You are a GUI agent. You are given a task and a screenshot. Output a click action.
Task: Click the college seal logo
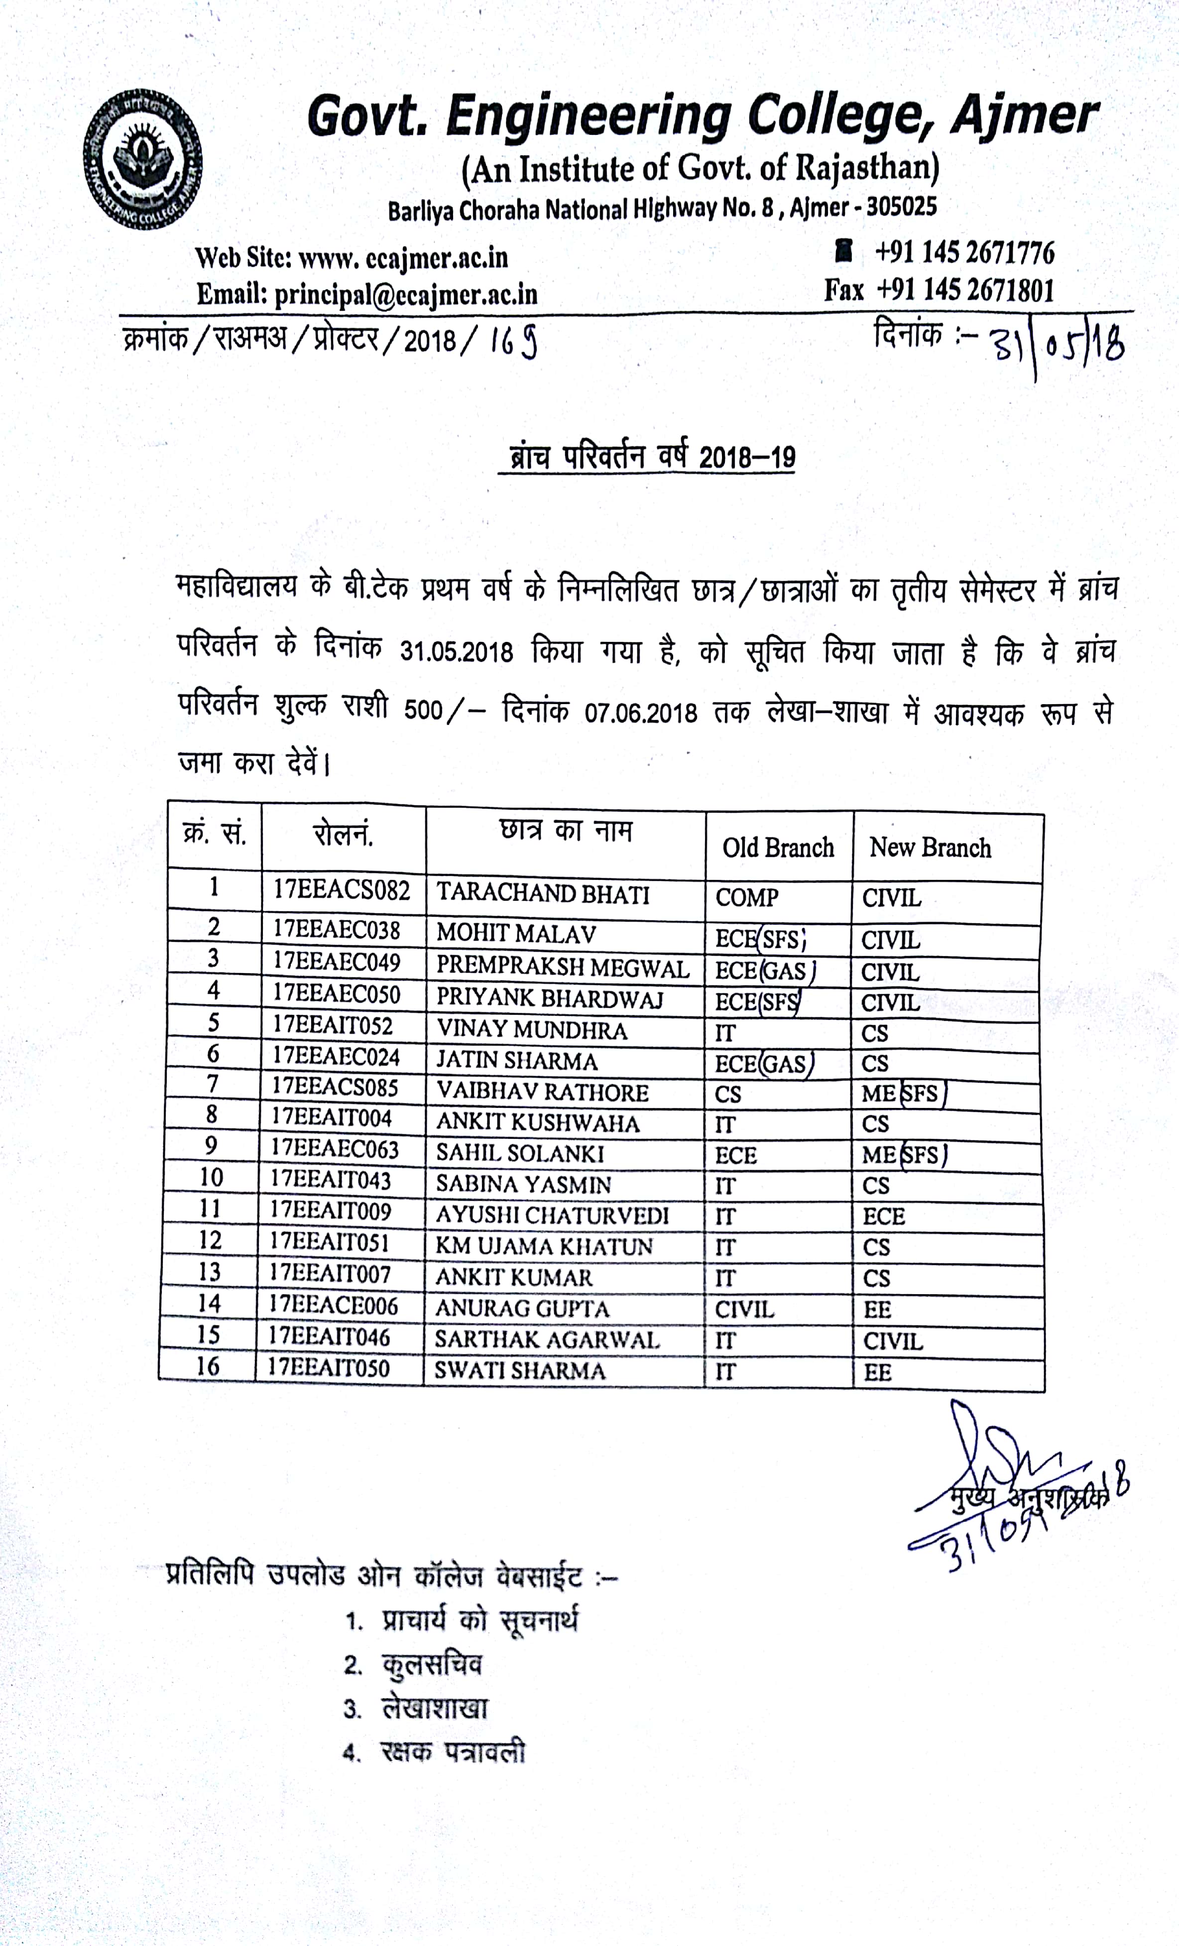(x=143, y=159)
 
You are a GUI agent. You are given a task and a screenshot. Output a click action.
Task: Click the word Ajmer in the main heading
(x=1024, y=116)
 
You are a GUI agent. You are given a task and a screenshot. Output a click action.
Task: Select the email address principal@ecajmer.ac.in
(x=406, y=295)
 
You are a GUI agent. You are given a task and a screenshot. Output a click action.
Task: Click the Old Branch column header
(x=778, y=848)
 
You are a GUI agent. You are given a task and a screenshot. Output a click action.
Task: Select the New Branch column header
(x=930, y=848)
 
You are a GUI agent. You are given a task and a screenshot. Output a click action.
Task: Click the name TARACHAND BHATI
(x=543, y=893)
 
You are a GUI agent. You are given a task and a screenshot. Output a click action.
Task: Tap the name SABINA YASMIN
(x=524, y=1184)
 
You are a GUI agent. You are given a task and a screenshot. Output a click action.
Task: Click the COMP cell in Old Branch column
(x=747, y=897)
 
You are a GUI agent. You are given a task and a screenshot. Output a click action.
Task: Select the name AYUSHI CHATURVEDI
(x=553, y=1215)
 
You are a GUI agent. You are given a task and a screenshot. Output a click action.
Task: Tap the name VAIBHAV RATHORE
(x=543, y=1092)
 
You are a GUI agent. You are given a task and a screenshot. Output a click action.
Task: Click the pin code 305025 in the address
(x=901, y=207)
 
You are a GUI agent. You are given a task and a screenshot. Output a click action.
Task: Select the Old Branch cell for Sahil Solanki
(x=736, y=1155)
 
